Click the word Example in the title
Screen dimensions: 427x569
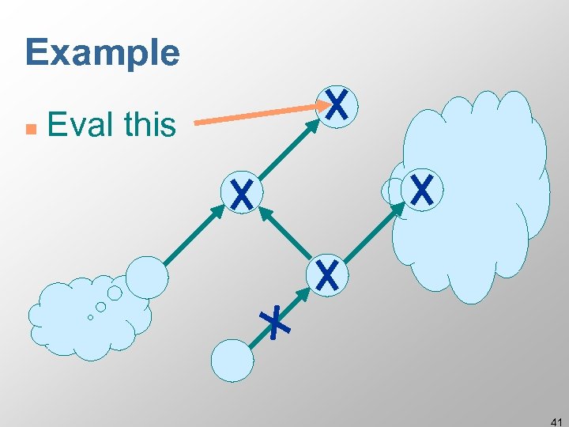pos(103,53)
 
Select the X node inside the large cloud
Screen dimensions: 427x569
pos(423,190)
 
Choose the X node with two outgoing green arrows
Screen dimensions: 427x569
pos(327,274)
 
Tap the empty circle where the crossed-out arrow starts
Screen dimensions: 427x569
pos(232,361)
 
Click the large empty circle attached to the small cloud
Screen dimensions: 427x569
pos(147,277)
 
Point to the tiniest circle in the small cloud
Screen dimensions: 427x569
pos(90,318)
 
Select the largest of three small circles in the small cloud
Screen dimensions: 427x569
pos(115,293)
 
